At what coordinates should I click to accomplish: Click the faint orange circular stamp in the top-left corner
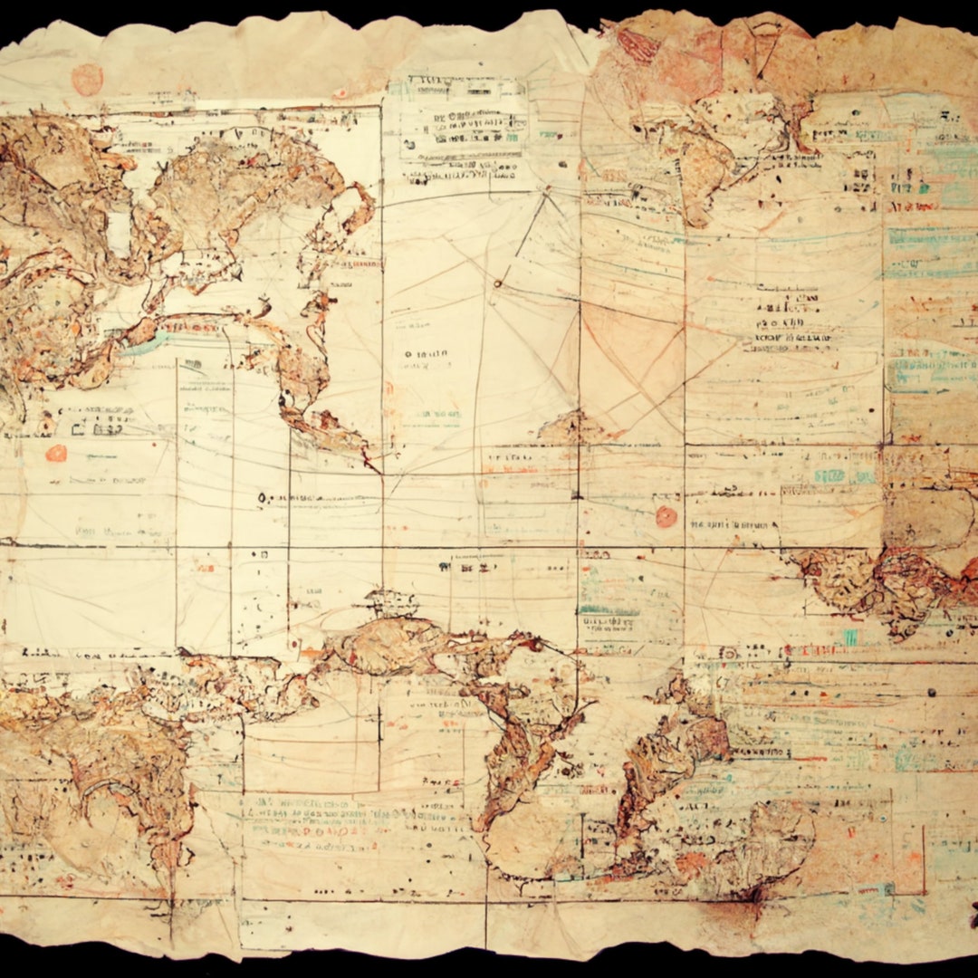[x=87, y=79]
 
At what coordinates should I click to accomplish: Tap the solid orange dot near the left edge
[x=56, y=453]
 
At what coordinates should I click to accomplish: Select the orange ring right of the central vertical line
[x=666, y=516]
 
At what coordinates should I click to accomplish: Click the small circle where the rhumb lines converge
[x=496, y=284]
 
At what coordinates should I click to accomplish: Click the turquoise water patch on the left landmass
[x=143, y=340]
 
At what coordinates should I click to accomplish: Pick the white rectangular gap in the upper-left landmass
[x=119, y=233]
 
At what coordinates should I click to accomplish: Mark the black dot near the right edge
[x=931, y=693]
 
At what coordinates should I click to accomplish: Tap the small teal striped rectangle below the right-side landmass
[x=851, y=638]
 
